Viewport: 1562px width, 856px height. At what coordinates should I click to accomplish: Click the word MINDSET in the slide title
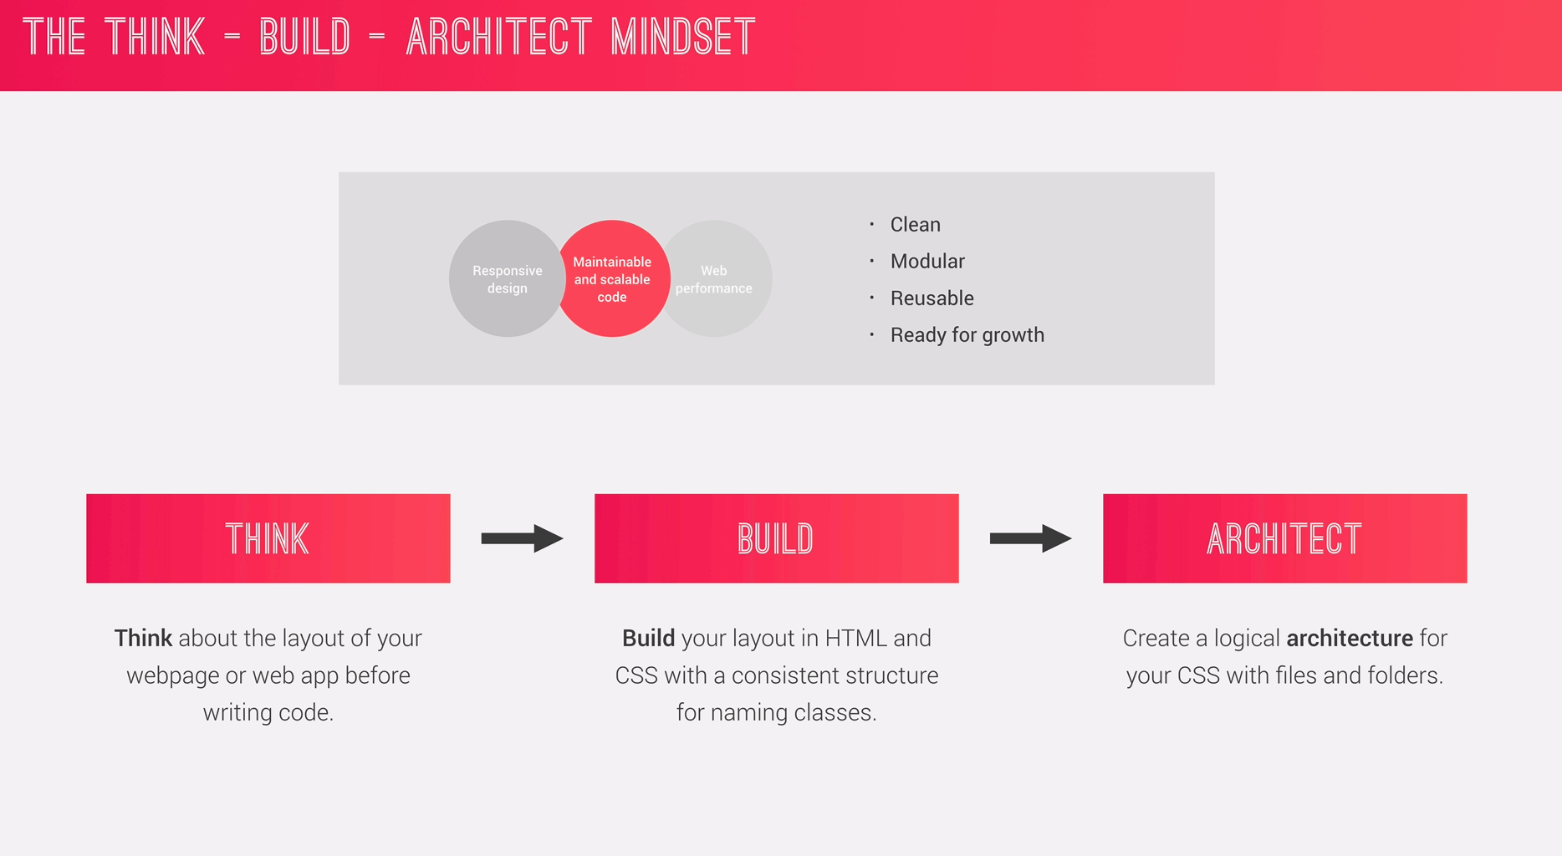pyautogui.click(x=682, y=38)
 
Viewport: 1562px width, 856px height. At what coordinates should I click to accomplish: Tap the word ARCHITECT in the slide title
pyautogui.click(x=498, y=38)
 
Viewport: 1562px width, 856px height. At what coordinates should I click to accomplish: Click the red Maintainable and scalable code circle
pyautogui.click(x=612, y=278)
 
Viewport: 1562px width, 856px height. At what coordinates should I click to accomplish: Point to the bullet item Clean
pyautogui.click(x=915, y=225)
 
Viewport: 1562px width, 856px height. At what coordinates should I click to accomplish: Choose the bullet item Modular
pyautogui.click(x=927, y=262)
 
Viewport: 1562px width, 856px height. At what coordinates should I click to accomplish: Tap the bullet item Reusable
pyautogui.click(x=932, y=298)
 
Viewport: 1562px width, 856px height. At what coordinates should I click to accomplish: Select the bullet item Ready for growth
pyautogui.click(x=967, y=335)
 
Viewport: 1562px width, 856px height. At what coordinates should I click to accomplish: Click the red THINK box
pyautogui.click(x=268, y=538)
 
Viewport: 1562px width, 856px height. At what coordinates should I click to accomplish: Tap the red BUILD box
pyautogui.click(x=777, y=538)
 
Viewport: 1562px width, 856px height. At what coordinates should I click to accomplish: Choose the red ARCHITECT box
pyautogui.click(x=1285, y=538)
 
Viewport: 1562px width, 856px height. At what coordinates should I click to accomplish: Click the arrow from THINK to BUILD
pyautogui.click(x=523, y=538)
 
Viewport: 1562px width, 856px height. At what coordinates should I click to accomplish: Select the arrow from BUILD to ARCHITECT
pyautogui.click(x=1031, y=538)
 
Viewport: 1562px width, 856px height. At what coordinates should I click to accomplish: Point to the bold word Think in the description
pyautogui.click(x=143, y=639)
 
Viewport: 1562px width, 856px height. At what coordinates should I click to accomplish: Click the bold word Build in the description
pyautogui.click(x=649, y=639)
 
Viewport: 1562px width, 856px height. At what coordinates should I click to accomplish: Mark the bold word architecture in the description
pyautogui.click(x=1350, y=639)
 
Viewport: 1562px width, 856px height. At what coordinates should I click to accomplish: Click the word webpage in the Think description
pyautogui.click(x=173, y=676)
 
